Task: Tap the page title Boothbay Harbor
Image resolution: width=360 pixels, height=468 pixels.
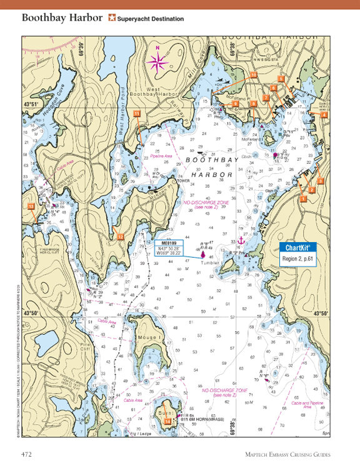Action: coord(62,18)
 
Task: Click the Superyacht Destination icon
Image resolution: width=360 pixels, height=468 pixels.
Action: coord(112,18)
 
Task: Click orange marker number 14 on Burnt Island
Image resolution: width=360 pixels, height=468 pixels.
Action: coord(167,422)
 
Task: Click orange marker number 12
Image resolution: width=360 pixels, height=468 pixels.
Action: coord(120,235)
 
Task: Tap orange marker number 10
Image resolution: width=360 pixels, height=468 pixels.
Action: coord(253,74)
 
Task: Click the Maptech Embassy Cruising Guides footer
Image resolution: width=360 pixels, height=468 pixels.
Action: coord(287,455)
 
